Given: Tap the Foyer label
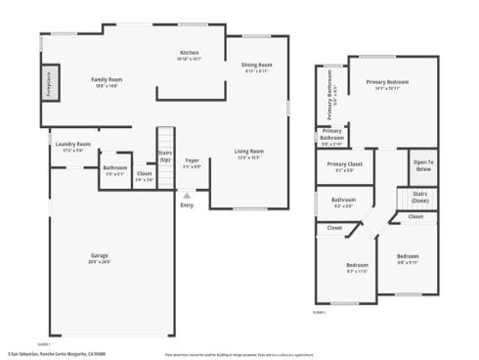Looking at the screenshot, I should pyautogui.click(x=192, y=160).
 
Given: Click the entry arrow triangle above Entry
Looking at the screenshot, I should pyautogui.click(x=186, y=195).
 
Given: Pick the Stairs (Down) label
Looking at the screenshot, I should pyautogui.click(x=419, y=196).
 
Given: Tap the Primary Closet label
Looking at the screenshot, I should pyautogui.click(x=345, y=165).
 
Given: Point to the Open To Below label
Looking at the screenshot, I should pyautogui.click(x=422, y=165).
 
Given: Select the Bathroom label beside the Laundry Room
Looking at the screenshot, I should pyautogui.click(x=115, y=167).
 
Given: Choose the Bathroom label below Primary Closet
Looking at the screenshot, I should pyautogui.click(x=343, y=201).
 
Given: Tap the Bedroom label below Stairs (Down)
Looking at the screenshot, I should pyautogui.click(x=407, y=260).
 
